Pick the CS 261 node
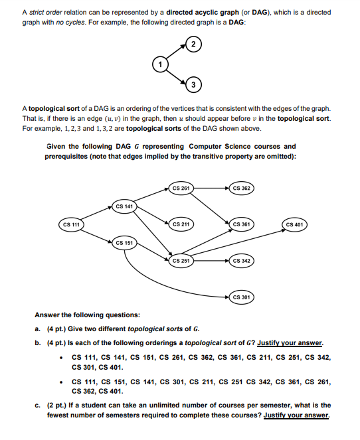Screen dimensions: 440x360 (181, 188)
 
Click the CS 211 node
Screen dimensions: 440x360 (181, 224)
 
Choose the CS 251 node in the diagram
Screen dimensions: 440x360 (181, 261)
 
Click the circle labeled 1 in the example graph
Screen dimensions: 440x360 (159, 64)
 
